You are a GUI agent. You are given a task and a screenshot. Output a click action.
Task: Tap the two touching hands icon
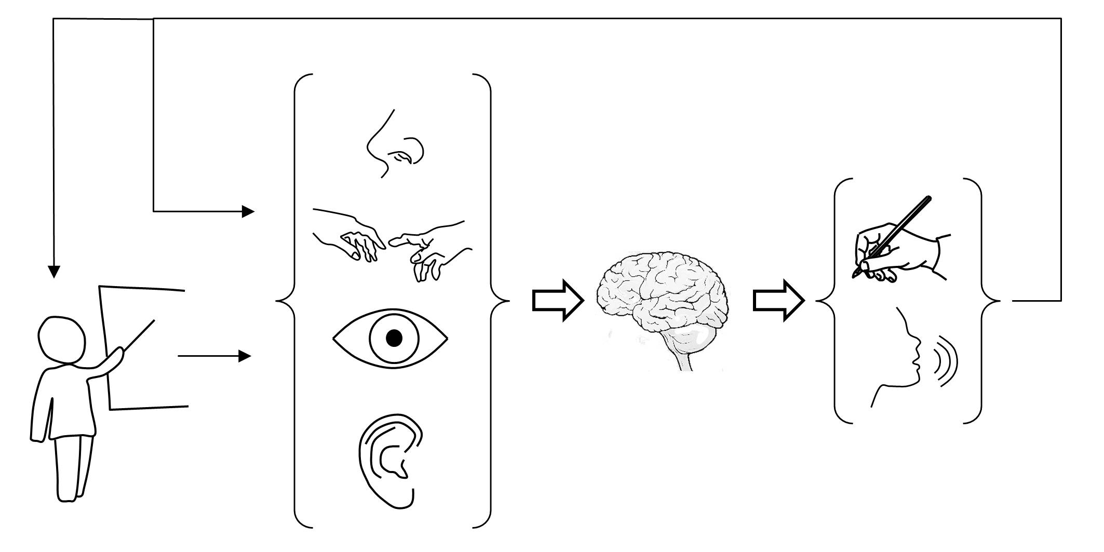click(393, 244)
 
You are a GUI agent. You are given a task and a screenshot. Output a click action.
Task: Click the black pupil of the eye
click(394, 339)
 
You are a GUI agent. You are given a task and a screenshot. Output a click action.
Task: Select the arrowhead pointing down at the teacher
click(53, 272)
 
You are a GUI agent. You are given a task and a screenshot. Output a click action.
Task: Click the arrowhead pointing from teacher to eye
click(245, 356)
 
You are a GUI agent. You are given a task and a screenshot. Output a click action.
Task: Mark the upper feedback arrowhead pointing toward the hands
click(248, 211)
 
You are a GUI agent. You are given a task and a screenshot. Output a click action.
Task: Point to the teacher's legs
click(73, 467)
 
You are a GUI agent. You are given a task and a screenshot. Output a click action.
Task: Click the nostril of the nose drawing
click(402, 156)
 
